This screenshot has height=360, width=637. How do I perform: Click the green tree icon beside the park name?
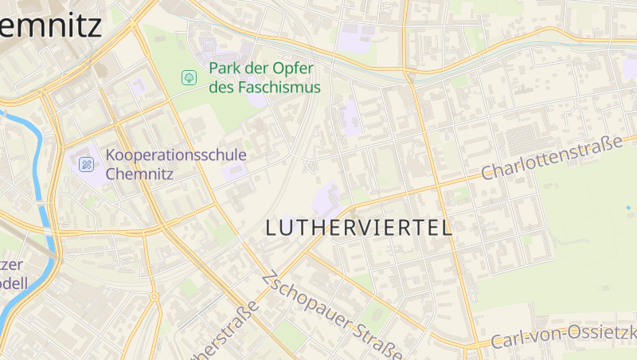(190, 77)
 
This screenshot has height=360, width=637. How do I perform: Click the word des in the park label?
(220, 87)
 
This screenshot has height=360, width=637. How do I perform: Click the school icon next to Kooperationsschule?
(87, 165)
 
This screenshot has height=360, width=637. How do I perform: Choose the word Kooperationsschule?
(176, 155)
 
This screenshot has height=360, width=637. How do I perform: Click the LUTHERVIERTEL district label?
(358, 228)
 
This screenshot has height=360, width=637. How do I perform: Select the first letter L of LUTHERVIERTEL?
(272, 228)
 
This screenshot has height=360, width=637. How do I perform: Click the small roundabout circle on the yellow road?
(153, 296)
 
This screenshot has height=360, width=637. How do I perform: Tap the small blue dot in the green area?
(628, 208)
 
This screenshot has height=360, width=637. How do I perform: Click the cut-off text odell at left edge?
(14, 284)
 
